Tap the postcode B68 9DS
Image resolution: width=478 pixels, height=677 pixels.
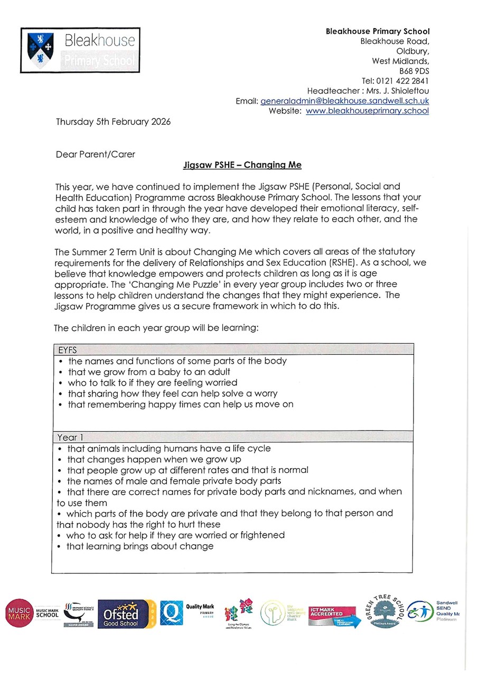tap(414, 71)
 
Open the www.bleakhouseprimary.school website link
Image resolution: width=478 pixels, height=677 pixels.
tap(367, 111)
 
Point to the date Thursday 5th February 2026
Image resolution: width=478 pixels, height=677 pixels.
tap(113, 122)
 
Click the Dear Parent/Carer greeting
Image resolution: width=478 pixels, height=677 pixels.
tap(95, 155)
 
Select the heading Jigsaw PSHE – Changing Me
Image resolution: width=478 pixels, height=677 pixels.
tap(242, 165)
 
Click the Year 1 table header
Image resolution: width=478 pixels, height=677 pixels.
tap(71, 437)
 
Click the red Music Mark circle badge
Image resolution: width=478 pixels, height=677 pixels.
tap(19, 613)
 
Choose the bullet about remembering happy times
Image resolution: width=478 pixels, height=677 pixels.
tap(180, 405)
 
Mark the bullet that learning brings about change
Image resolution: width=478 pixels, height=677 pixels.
tap(139, 546)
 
